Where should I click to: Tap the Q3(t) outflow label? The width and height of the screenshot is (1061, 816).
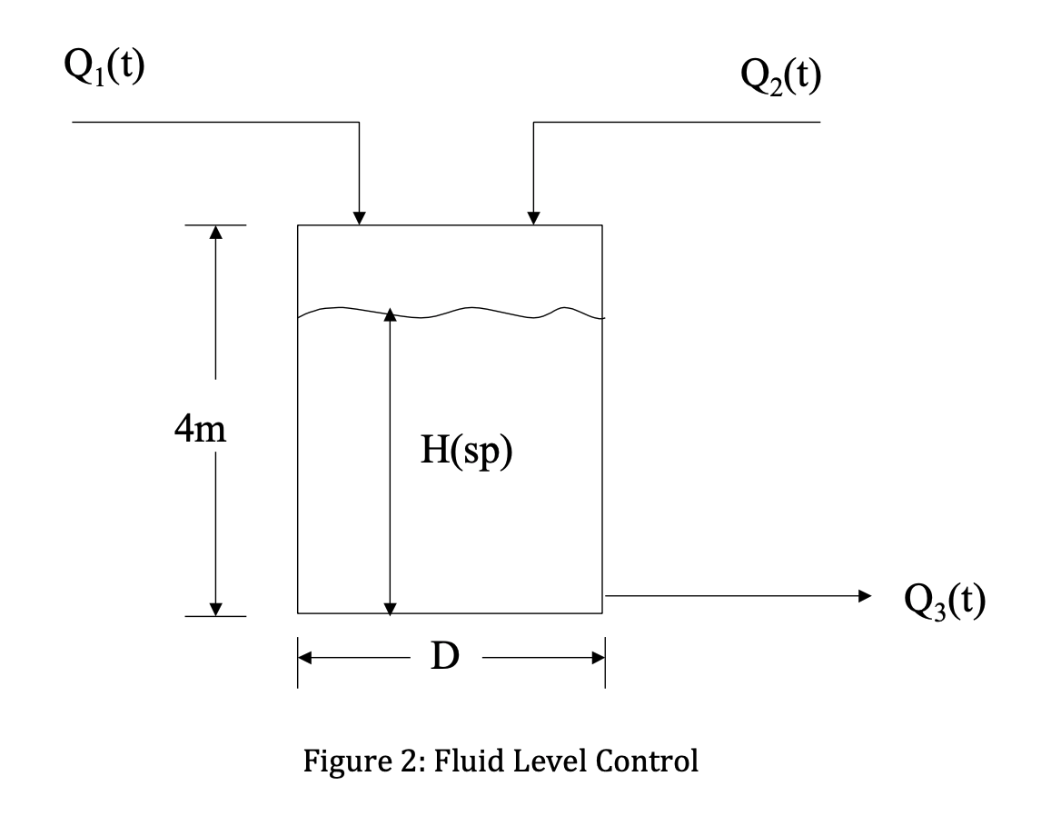945,600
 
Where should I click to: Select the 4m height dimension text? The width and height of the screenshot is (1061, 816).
201,429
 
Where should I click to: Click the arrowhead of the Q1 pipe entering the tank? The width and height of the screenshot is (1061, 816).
360,218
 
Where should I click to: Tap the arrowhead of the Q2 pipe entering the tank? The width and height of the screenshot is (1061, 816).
534,218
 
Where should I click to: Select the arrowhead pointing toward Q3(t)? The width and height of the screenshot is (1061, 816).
864,595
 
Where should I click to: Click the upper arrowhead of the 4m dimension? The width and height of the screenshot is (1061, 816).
215,233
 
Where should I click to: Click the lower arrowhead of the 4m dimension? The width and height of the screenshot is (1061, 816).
215,607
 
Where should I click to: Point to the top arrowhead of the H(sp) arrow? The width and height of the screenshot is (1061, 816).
390,315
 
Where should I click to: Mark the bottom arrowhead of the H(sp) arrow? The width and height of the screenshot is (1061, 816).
390,606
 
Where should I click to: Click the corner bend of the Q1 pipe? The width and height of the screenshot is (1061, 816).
360,122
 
